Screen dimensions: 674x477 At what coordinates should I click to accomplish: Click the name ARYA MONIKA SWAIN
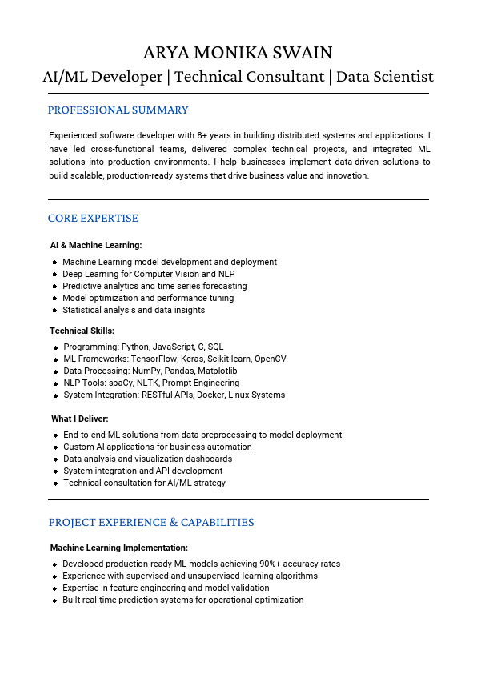coord(238,53)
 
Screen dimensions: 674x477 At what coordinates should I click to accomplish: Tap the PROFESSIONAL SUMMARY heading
coord(118,110)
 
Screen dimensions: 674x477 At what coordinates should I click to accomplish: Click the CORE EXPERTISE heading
coord(93,219)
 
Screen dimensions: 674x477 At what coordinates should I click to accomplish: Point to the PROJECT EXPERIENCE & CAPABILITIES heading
coord(151,523)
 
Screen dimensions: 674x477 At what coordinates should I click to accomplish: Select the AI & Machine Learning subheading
coord(96,245)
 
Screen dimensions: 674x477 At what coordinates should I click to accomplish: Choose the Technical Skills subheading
coord(82,331)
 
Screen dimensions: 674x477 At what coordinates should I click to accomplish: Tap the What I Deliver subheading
coord(80,419)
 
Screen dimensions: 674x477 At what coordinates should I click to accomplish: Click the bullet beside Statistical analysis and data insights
coord(54,311)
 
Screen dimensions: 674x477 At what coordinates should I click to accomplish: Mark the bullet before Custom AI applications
coord(54,447)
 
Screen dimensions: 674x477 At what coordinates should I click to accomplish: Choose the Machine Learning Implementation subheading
coord(119,548)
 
